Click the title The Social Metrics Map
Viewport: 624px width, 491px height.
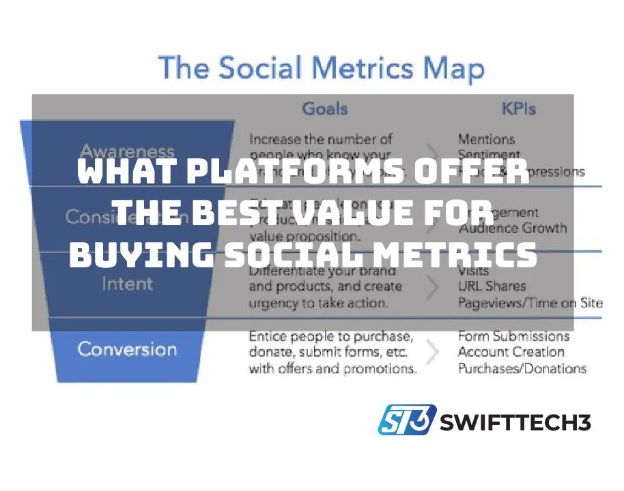(321, 70)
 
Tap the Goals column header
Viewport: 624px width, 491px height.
(324, 108)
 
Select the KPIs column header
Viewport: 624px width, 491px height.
(519, 108)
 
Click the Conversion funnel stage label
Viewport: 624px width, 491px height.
(127, 349)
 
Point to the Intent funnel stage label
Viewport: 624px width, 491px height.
(127, 283)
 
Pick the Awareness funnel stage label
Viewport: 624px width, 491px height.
(127, 151)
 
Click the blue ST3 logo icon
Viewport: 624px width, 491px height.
(406, 419)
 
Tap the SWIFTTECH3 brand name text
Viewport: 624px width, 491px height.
(515, 422)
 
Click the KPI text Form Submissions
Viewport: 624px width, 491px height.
(513, 336)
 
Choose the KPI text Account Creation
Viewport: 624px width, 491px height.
(511, 352)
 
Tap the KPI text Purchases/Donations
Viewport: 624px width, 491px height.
(522, 368)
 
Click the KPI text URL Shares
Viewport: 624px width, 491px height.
(492, 286)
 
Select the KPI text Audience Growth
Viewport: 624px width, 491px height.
(513, 228)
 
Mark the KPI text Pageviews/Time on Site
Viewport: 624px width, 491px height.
(530, 302)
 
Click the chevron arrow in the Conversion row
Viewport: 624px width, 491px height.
(432, 352)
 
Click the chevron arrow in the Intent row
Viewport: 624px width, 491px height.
(432, 286)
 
